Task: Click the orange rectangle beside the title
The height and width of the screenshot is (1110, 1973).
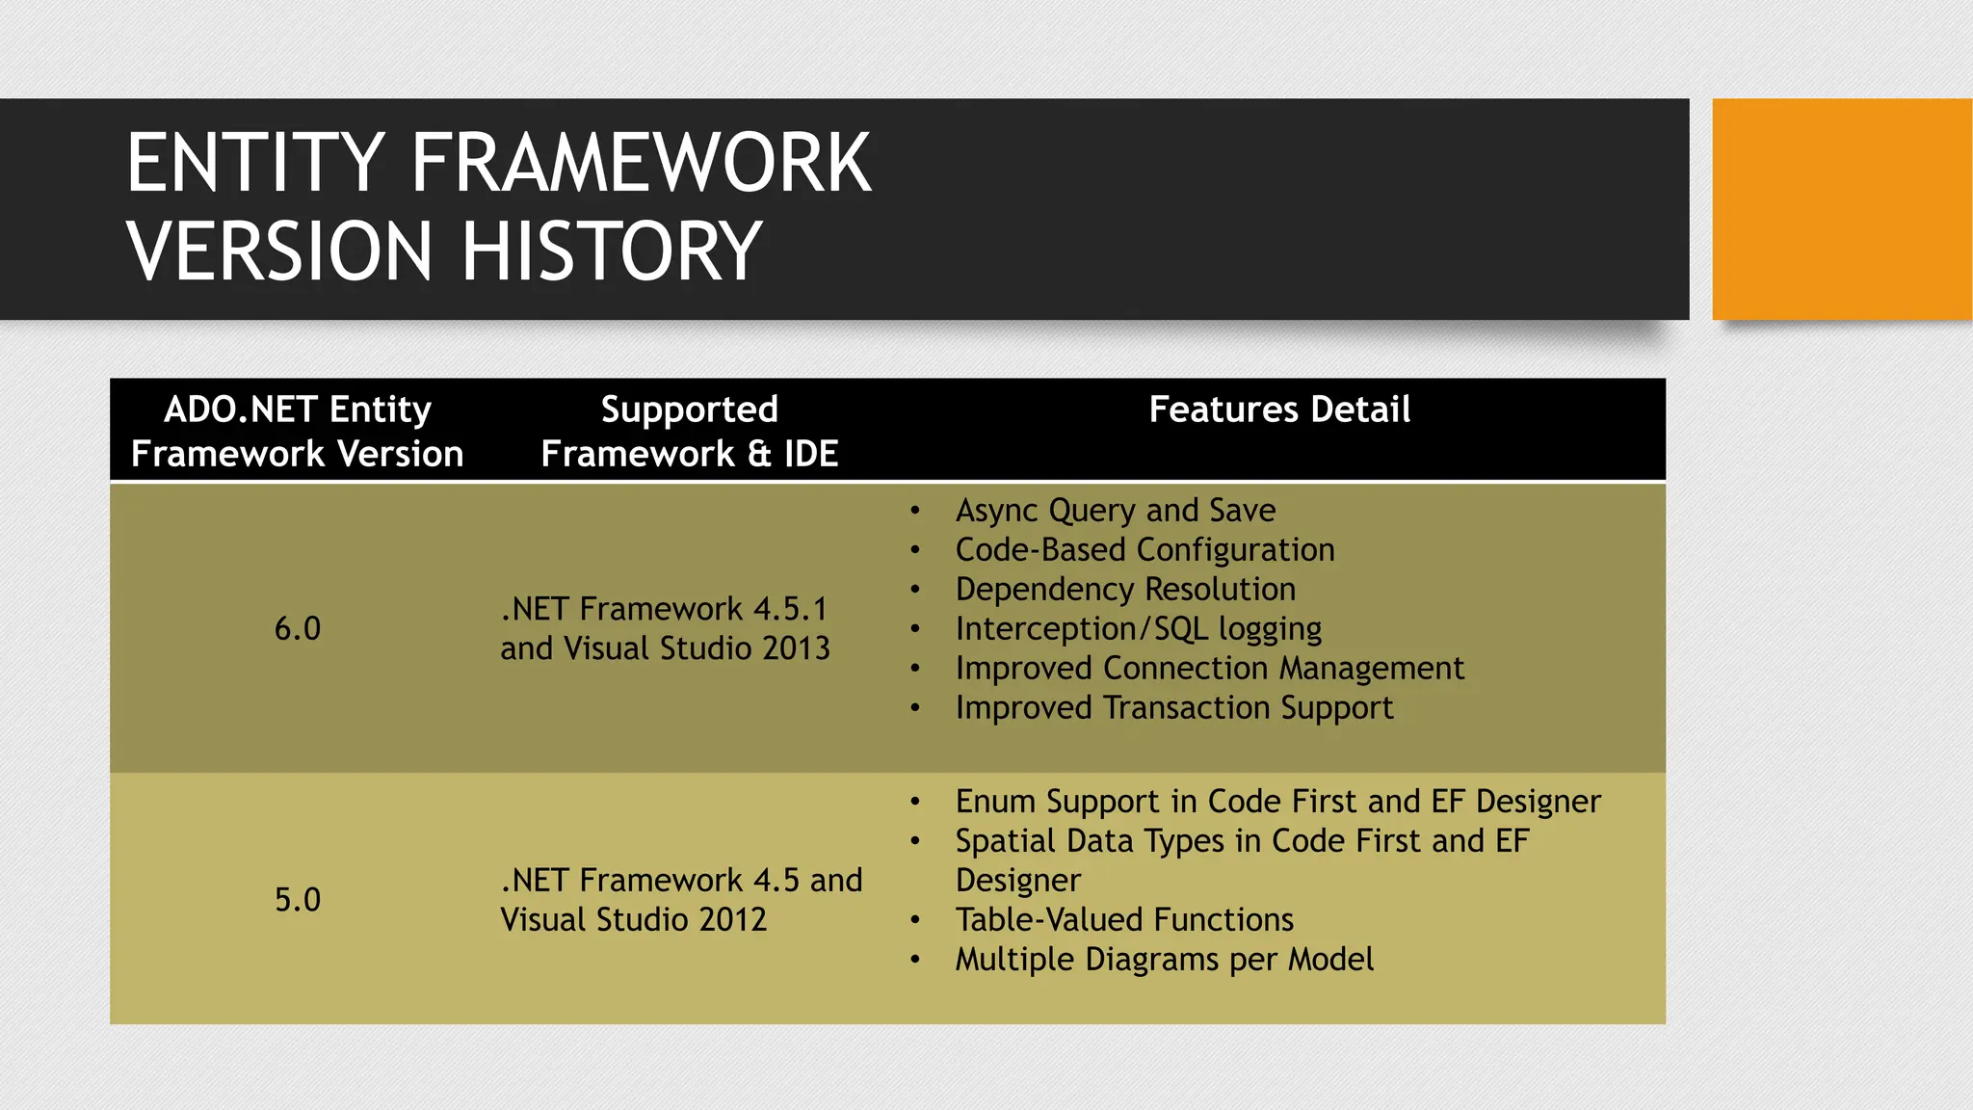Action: point(1841,208)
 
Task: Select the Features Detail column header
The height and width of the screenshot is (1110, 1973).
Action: point(1278,410)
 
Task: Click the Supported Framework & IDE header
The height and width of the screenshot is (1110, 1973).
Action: point(689,431)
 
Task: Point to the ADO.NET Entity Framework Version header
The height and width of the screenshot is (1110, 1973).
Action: point(297,431)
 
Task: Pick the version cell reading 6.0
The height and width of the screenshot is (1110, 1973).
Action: point(297,628)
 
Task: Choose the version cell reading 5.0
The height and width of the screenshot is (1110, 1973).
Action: point(297,899)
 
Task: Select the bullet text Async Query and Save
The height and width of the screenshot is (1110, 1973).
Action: point(1115,510)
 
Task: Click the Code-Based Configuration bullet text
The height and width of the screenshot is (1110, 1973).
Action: point(1144,549)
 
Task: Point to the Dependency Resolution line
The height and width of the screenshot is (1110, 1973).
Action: point(1124,589)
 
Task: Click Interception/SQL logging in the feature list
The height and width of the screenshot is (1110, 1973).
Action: point(1138,628)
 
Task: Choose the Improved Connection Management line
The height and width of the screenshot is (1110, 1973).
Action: point(1209,668)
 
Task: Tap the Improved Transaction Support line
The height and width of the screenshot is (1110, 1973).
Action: point(1173,707)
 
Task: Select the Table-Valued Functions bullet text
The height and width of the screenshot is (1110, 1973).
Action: point(1123,919)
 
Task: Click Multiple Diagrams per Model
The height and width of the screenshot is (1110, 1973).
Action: point(1164,959)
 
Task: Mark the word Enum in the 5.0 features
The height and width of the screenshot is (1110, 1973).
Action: point(995,801)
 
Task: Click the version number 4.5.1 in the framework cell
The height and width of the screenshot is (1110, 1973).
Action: point(790,609)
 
